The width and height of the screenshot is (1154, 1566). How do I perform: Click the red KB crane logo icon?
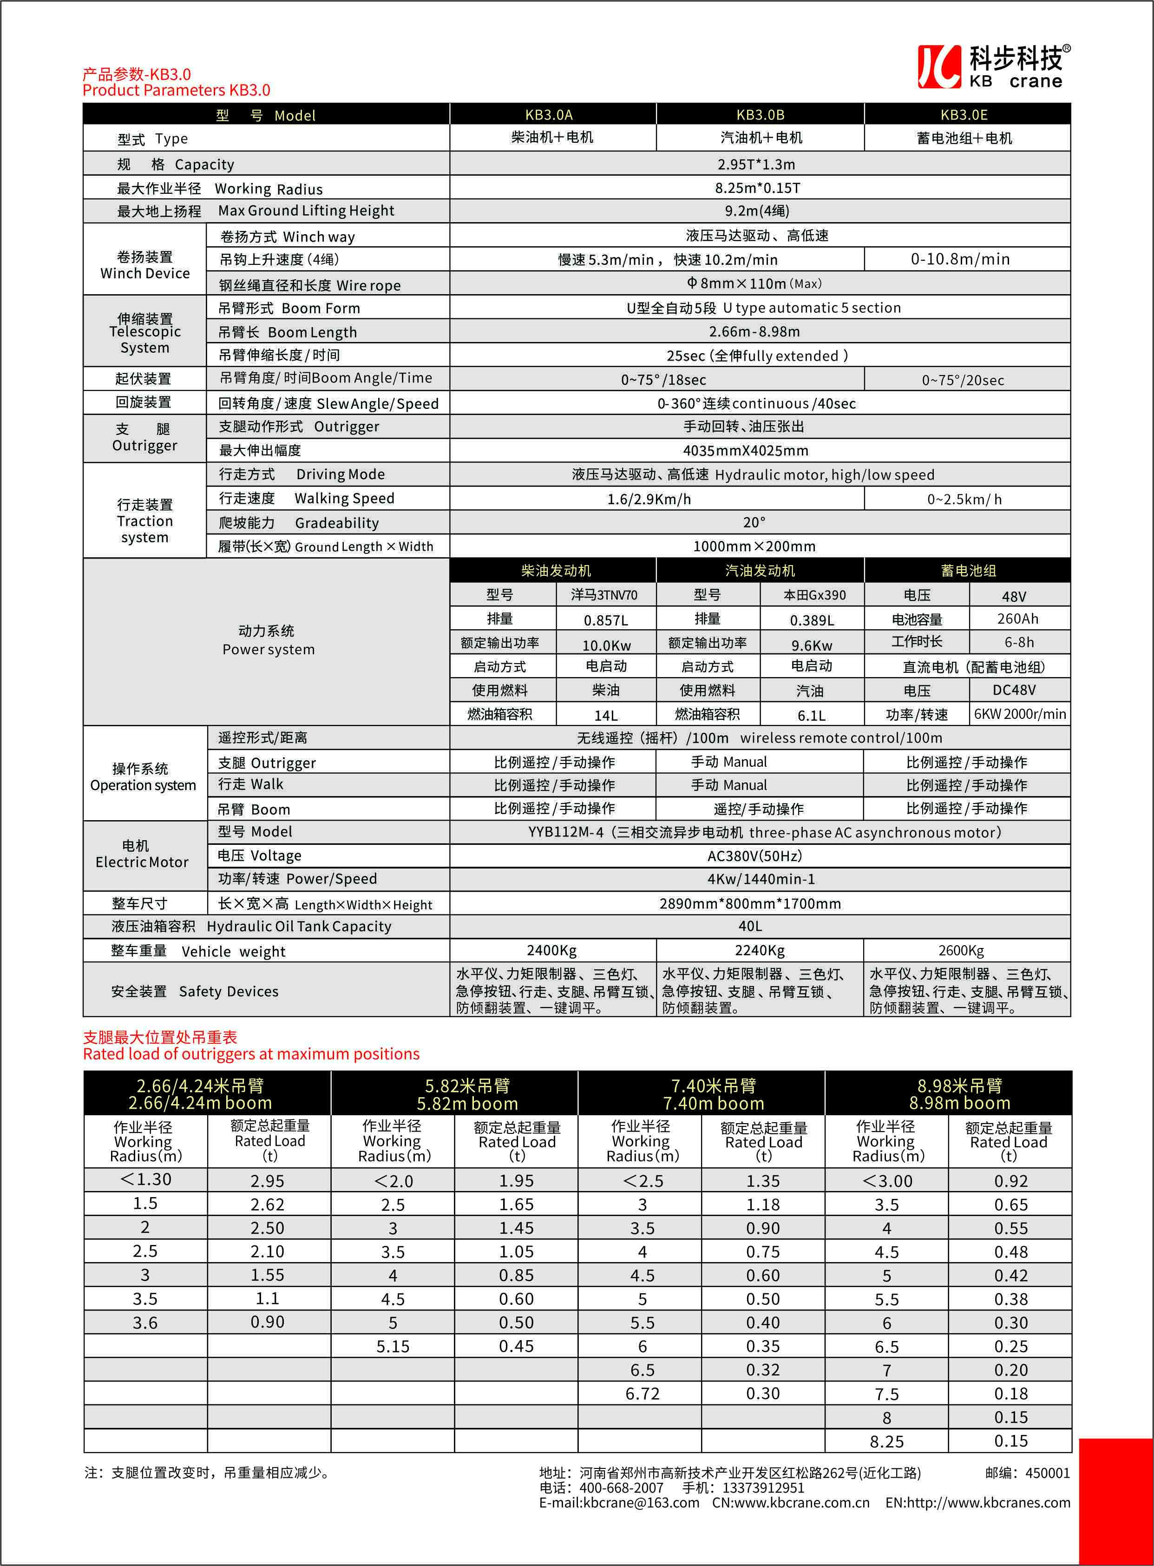[939, 67]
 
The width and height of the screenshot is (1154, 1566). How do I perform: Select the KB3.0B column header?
[760, 115]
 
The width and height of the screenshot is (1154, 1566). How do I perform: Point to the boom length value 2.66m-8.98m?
[754, 332]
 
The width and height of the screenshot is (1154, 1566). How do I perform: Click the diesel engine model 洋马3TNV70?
[604, 595]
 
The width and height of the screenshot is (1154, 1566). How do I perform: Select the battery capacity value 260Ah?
[1017, 619]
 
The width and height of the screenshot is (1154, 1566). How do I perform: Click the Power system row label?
[268, 640]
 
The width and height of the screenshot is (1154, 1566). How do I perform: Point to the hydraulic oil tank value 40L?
[750, 927]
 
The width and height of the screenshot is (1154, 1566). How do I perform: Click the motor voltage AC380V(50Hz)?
[754, 856]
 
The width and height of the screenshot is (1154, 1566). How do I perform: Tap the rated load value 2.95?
[268, 1181]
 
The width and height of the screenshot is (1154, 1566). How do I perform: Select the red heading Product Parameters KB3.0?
[176, 90]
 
